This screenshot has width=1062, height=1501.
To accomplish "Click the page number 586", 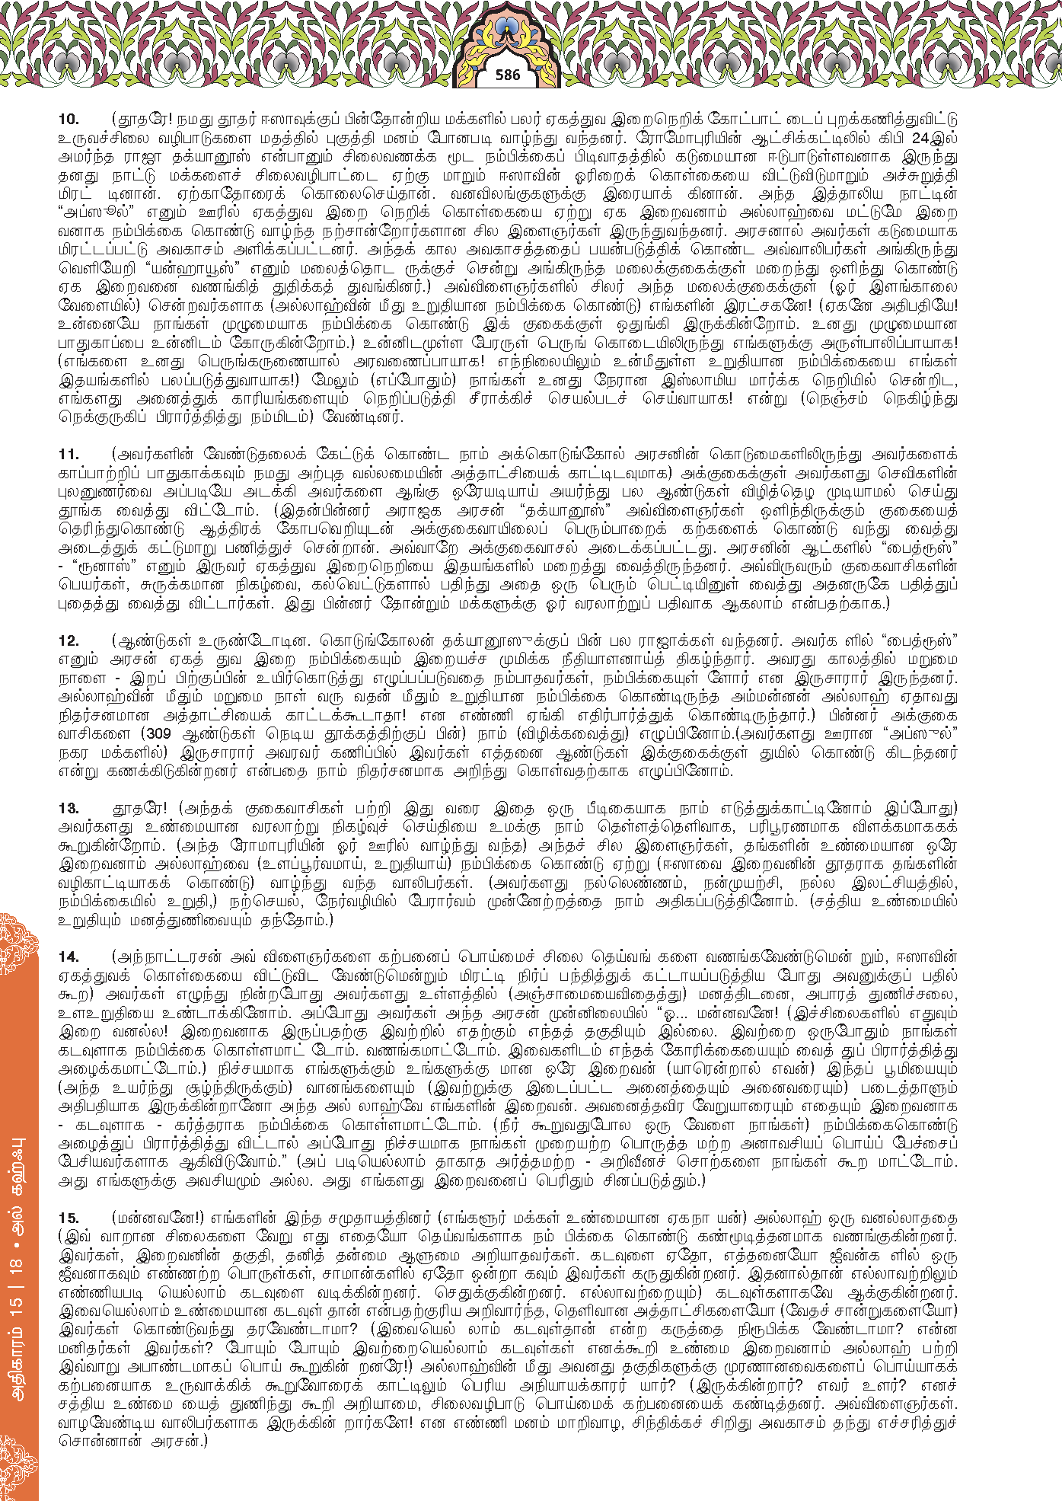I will pos(507,75).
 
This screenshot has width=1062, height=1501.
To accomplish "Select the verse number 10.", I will pos(69,119).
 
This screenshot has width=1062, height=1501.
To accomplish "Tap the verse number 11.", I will pos(69,455).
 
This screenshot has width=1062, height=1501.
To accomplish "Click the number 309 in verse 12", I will pos(158,734).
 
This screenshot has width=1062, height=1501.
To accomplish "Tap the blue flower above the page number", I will pos(506,30).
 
